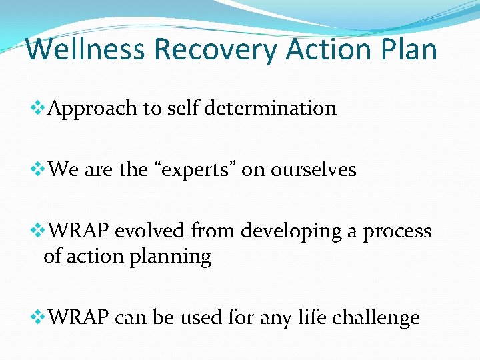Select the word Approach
pos(93,108)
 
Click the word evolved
pos(150,231)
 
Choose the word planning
pos(173,257)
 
